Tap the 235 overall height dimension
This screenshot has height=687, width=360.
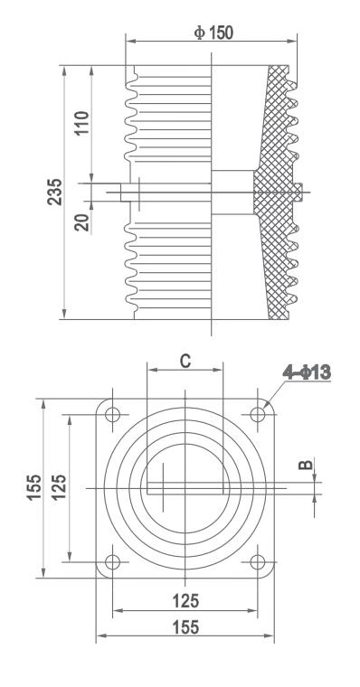point(55,192)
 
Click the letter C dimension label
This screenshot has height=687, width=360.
point(185,361)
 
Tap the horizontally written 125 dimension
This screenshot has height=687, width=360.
point(185,599)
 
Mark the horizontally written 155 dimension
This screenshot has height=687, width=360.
point(185,626)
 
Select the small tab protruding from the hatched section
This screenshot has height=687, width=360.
point(298,191)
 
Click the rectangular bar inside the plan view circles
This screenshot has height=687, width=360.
point(185,486)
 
